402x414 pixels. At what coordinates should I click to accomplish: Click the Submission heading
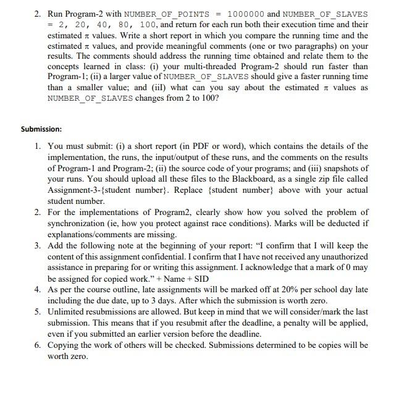coord(41,129)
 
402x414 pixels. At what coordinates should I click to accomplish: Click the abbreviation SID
coord(201,279)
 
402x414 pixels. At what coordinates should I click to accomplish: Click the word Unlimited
coord(67,312)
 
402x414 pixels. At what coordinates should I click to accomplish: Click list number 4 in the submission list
coord(38,290)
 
